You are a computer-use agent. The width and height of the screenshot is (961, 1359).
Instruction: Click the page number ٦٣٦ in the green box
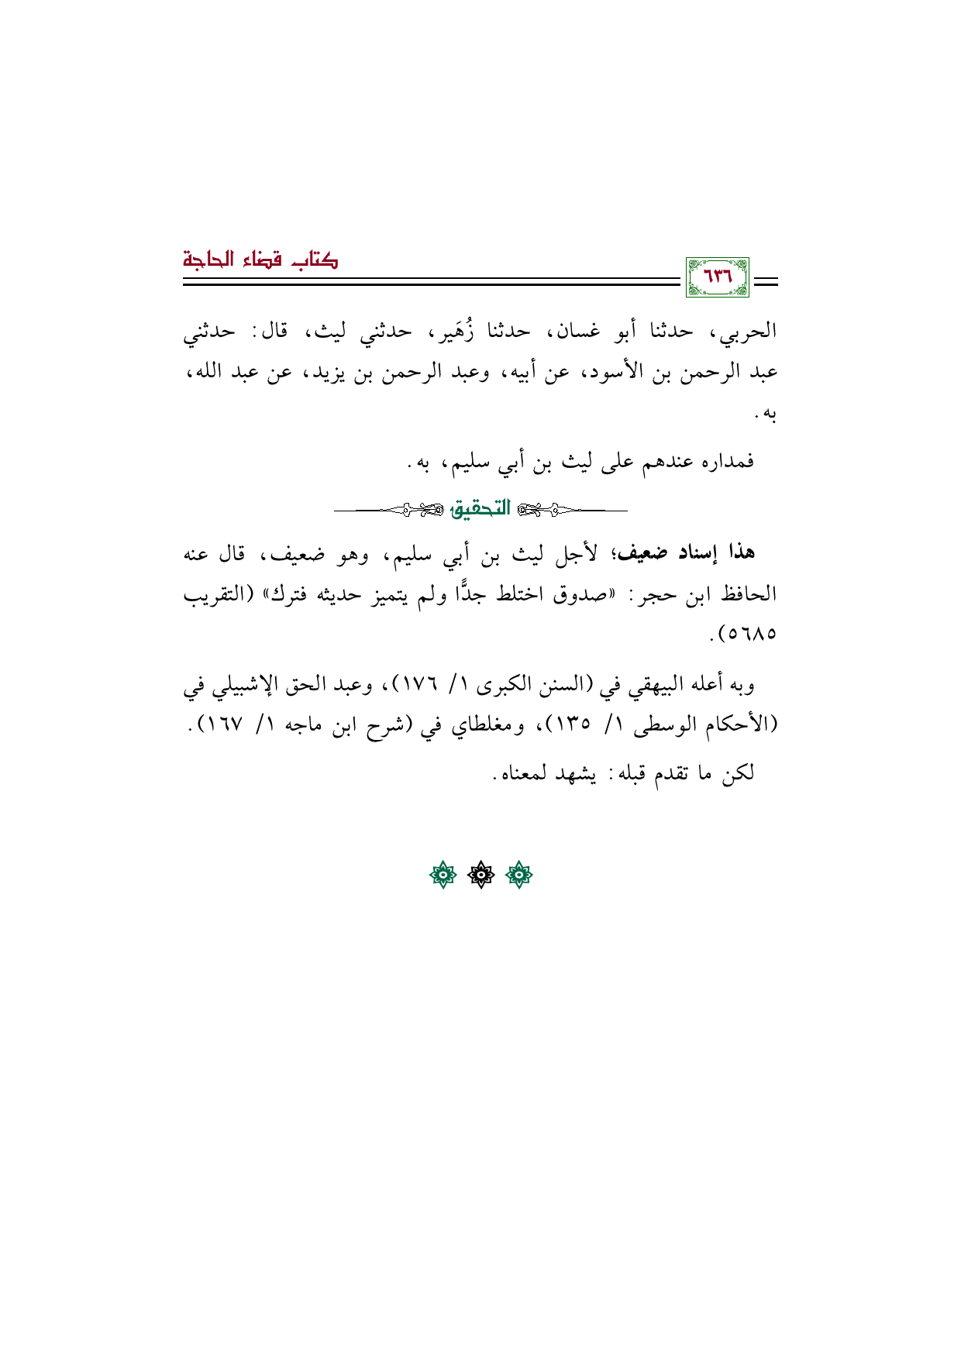pyautogui.click(x=717, y=277)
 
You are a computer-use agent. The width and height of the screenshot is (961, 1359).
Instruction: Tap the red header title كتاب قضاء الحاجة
pyautogui.click(x=260, y=260)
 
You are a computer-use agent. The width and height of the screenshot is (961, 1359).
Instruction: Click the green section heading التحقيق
pyautogui.click(x=481, y=509)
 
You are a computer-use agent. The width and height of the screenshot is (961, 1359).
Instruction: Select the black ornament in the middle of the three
pyautogui.click(x=480, y=876)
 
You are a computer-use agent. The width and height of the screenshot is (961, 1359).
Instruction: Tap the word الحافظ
pyautogui.click(x=748, y=594)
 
